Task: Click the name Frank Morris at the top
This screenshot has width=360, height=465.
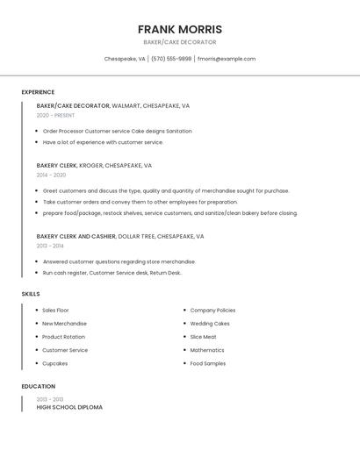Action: (179, 29)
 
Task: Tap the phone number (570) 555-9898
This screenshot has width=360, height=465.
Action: (171, 59)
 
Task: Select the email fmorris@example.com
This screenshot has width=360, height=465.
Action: (227, 59)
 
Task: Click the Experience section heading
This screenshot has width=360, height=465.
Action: (38, 92)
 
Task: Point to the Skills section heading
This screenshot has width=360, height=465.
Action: (31, 294)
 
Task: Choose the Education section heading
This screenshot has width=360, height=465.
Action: (39, 386)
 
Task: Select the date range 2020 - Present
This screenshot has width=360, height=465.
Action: (55, 115)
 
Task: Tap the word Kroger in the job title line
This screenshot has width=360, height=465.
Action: (90, 165)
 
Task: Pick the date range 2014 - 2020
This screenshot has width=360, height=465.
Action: (51, 175)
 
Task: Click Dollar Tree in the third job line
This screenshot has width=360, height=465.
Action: (136, 236)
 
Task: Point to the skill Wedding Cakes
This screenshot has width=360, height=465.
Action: (210, 324)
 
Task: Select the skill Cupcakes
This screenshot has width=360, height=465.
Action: (54, 363)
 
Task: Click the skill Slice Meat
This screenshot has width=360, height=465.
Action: (203, 337)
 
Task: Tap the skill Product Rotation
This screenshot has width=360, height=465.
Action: (63, 337)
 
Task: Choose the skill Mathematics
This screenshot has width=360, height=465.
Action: (207, 350)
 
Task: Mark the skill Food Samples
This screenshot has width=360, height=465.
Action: (208, 363)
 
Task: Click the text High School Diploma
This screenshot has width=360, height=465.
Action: (69, 407)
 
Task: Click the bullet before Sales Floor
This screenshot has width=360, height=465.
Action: (36, 311)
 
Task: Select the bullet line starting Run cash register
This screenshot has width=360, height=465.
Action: (112, 273)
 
